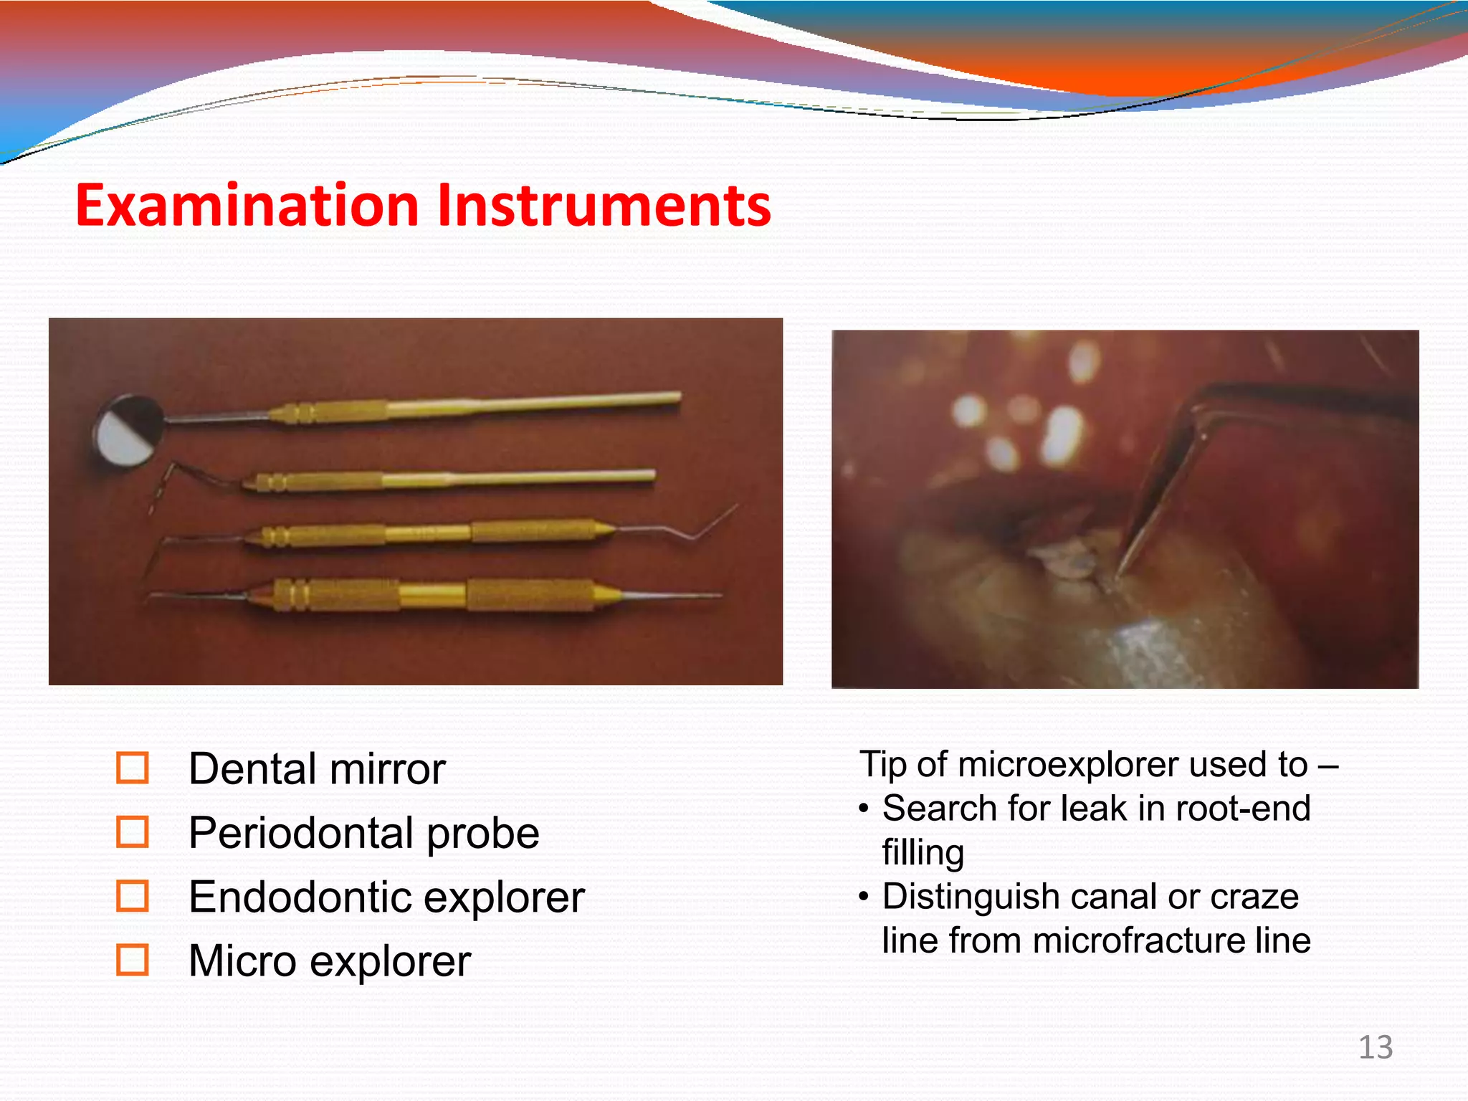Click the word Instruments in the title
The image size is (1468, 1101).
[x=604, y=206]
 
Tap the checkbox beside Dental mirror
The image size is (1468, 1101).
[x=133, y=768]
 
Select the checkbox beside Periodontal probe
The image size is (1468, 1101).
[x=133, y=831]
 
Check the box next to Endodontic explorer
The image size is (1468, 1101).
[x=133, y=896]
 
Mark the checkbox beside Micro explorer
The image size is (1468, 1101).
[x=133, y=960]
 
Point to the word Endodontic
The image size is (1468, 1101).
[x=300, y=897]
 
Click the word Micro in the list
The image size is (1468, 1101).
[x=242, y=961]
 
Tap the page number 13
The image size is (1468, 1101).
[x=1375, y=1048]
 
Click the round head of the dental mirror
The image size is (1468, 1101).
[x=128, y=430]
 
